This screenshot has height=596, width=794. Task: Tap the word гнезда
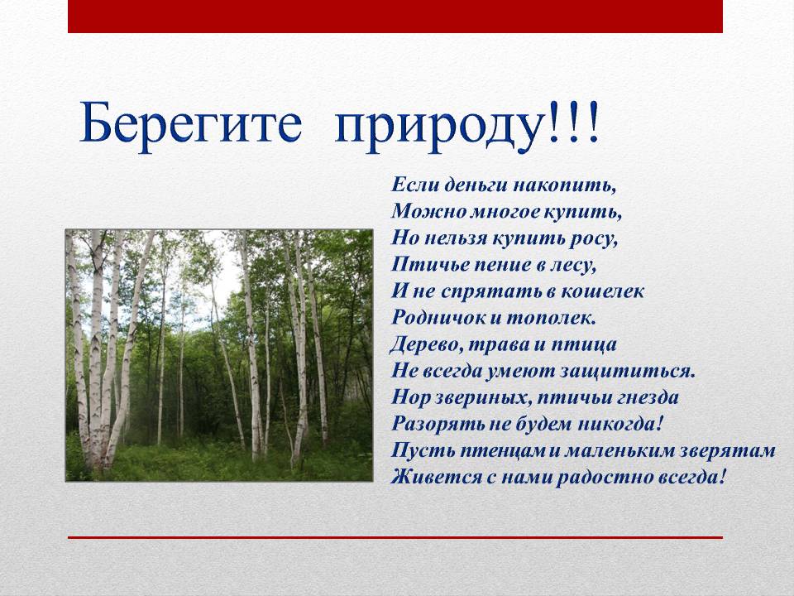649,397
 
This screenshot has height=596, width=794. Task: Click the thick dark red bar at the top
395,17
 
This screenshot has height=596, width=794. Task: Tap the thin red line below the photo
395,537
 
